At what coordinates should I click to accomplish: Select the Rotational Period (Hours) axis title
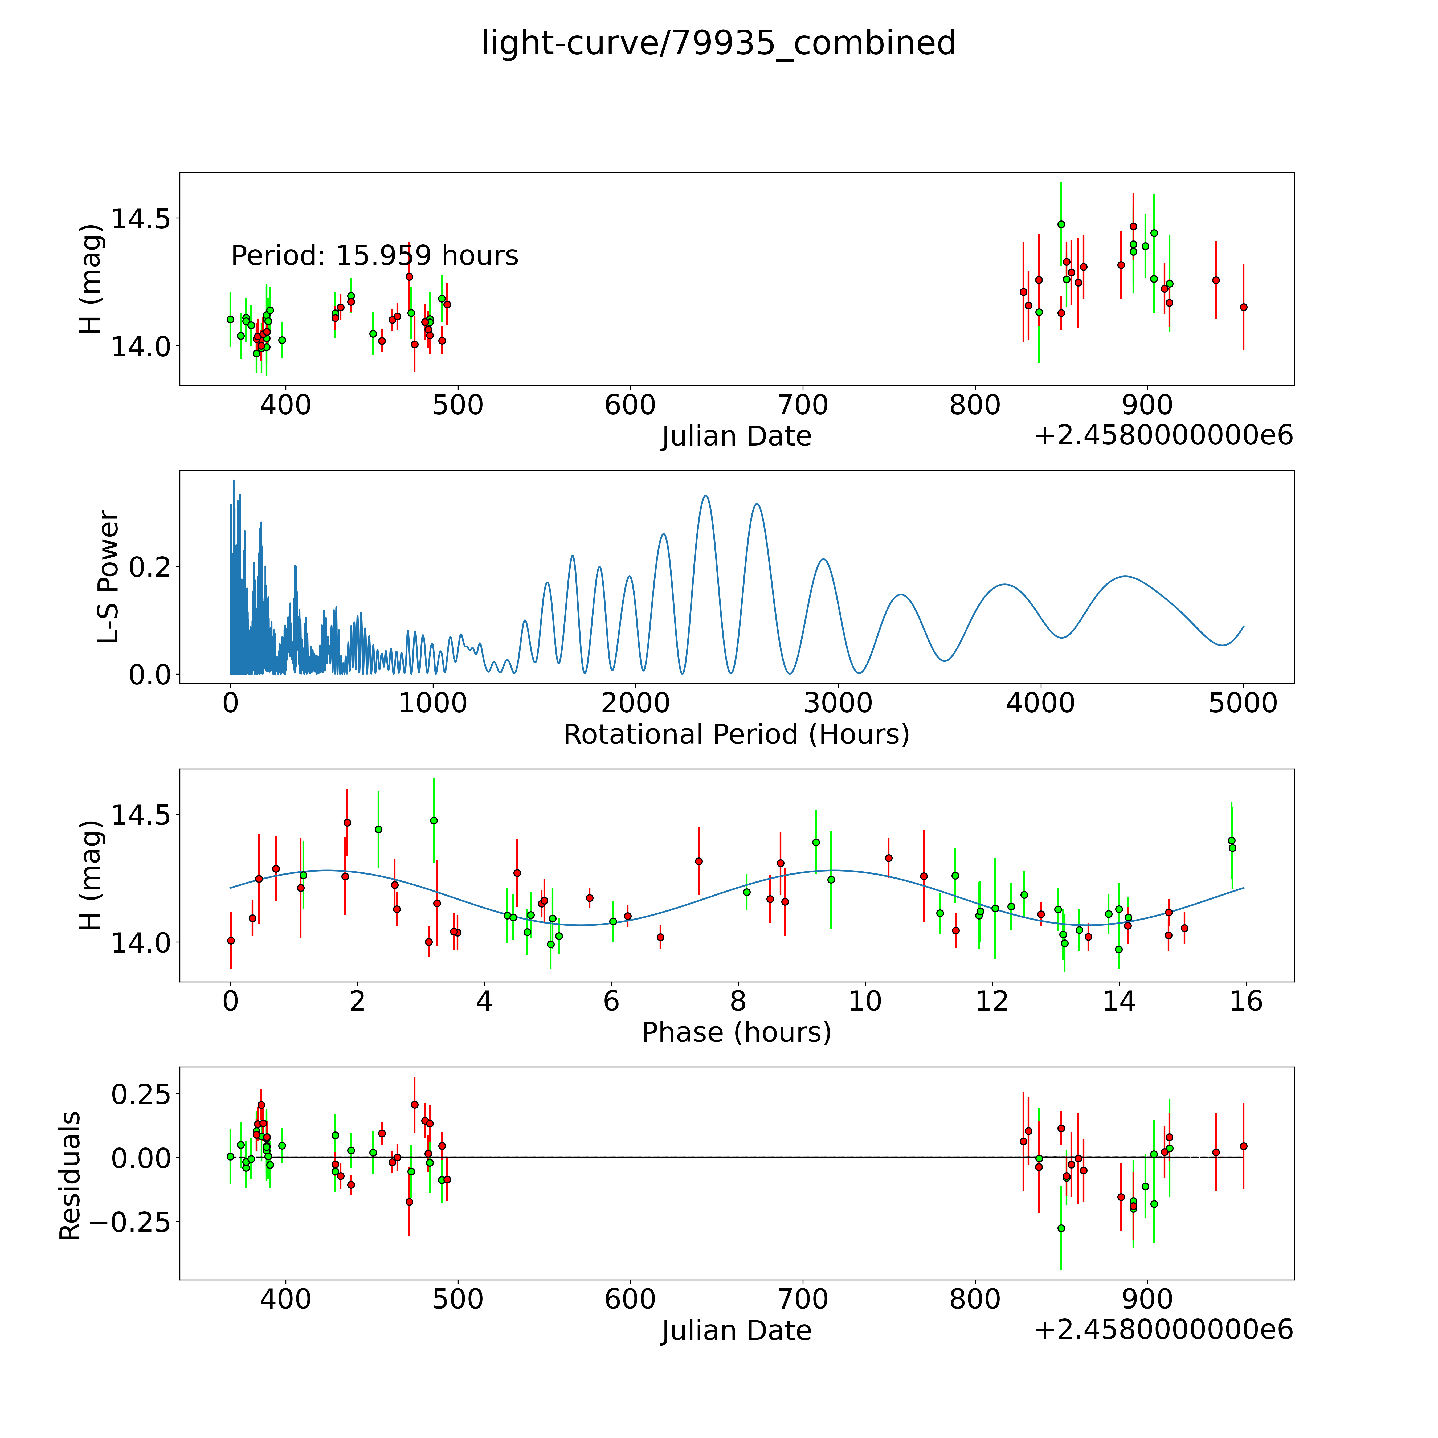[x=736, y=735]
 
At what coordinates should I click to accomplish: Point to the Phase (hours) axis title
[x=736, y=1032]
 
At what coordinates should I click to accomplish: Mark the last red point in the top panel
[x=1243, y=307]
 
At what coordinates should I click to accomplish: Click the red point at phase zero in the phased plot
[x=231, y=941]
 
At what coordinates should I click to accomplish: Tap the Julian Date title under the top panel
[x=736, y=436]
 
